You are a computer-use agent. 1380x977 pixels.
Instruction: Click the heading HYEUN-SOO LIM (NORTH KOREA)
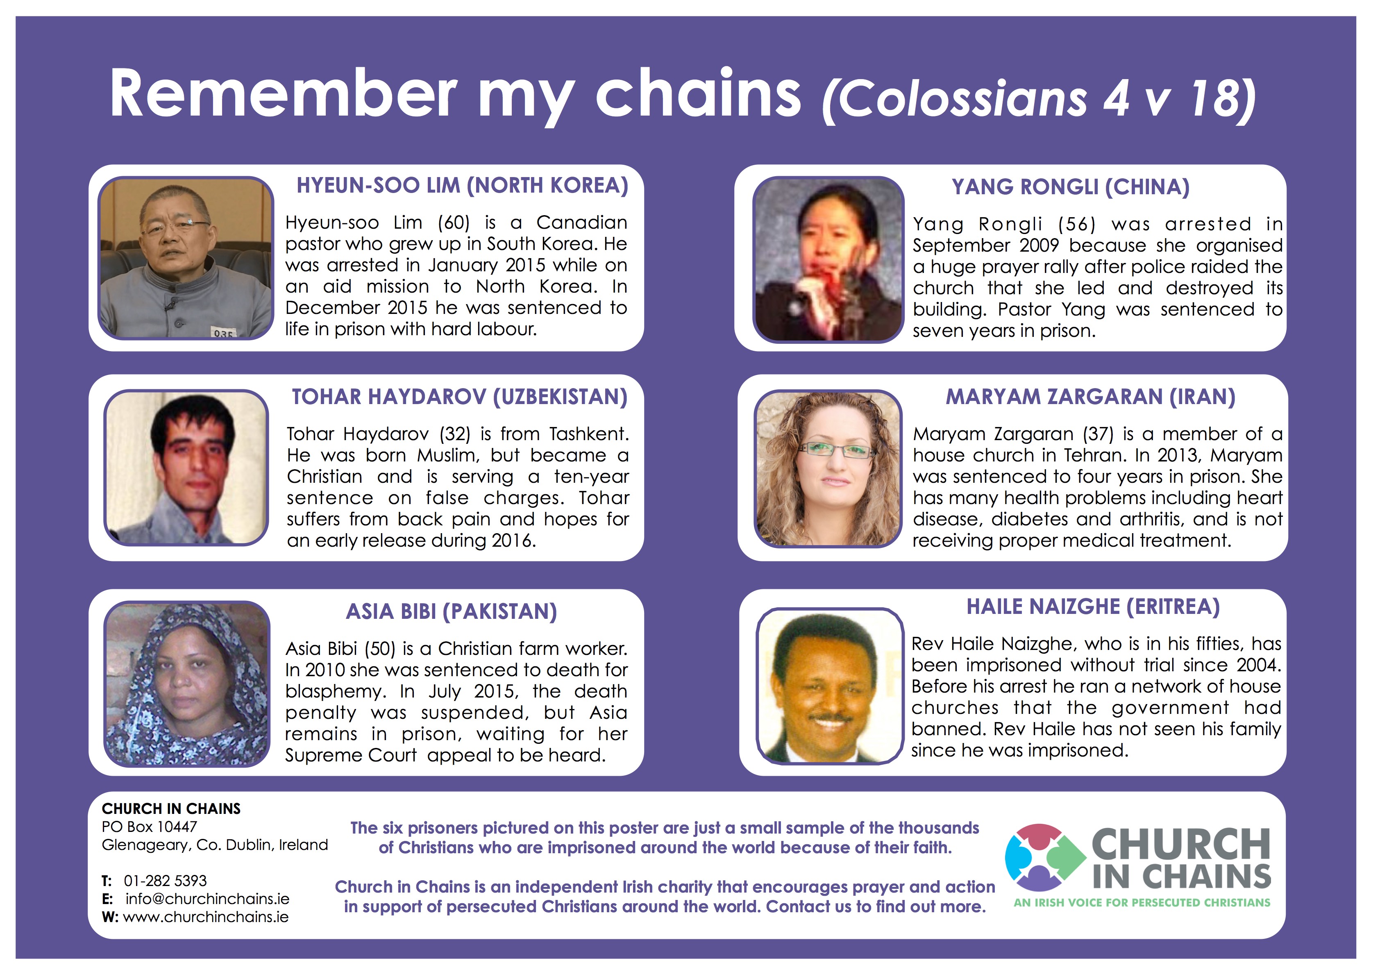click(463, 185)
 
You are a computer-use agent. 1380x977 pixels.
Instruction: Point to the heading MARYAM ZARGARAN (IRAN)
click(1091, 397)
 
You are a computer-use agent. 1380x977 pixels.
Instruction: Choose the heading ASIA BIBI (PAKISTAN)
click(452, 612)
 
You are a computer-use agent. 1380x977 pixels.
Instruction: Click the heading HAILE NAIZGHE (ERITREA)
click(1094, 607)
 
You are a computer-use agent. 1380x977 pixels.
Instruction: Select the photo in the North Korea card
click(186, 258)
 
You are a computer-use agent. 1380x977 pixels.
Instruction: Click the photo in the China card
click(828, 259)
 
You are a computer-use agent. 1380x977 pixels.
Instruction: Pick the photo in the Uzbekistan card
click(186, 468)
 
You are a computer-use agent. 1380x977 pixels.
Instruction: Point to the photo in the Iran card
click(828, 469)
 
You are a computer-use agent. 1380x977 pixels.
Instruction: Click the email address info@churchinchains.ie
click(207, 899)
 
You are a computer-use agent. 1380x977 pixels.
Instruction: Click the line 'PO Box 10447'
click(149, 827)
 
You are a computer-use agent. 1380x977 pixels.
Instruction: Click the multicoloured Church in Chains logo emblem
click(1046, 858)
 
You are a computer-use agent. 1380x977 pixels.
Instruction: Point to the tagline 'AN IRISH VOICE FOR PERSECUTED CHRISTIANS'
click(1142, 902)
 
